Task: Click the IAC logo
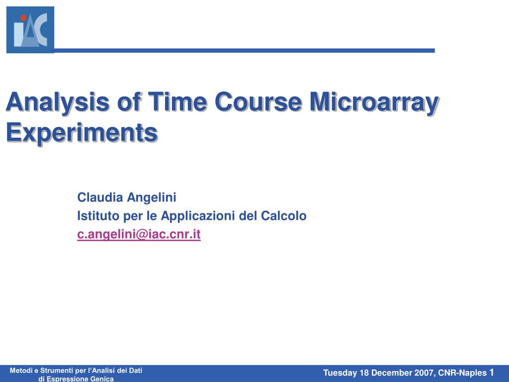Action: (30, 29)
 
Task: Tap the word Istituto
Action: (95, 216)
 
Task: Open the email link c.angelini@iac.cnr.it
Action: (139, 234)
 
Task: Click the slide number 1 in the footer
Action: (491, 373)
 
